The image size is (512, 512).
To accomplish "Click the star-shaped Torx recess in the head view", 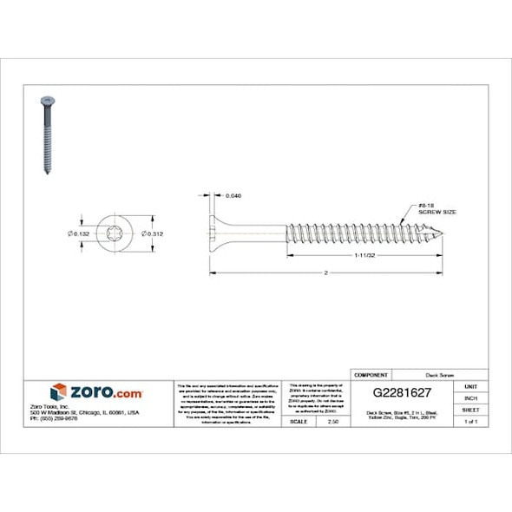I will click(x=117, y=233).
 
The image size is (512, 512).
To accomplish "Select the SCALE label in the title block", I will click(x=299, y=421).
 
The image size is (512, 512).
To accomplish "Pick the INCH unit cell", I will click(x=471, y=397).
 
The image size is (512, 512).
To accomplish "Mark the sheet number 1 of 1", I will click(x=471, y=421).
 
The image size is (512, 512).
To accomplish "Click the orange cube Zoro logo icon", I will click(x=58, y=391).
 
